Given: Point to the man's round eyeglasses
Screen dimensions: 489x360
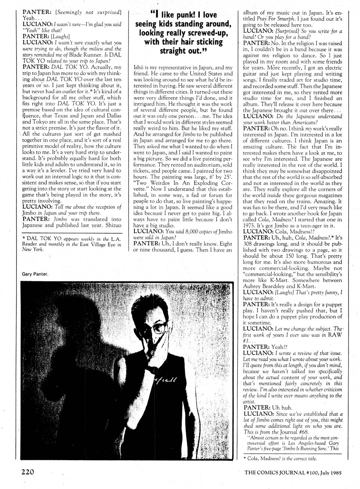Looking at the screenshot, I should click(x=160, y=327).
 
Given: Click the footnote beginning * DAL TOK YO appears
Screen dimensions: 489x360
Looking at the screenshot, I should click(x=72, y=244).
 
